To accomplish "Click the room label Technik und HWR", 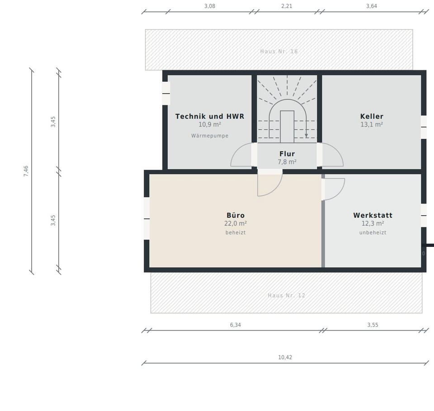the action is (x=210, y=116).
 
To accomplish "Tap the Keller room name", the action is (x=372, y=116).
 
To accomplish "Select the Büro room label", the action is (x=236, y=215).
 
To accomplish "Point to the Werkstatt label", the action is (x=373, y=215).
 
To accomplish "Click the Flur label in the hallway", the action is (x=287, y=154).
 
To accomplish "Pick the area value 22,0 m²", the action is (x=236, y=223).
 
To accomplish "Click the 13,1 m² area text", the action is (x=372, y=124).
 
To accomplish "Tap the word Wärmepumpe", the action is (x=210, y=136).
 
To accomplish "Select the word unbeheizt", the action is (x=373, y=232).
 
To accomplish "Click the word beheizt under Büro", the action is (x=236, y=232).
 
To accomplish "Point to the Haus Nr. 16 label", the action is (x=279, y=51).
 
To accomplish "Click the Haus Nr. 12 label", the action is (x=287, y=295).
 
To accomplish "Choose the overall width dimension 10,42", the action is (x=285, y=357).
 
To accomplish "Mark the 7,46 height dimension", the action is (x=26, y=171).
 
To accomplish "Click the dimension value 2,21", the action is (x=287, y=6).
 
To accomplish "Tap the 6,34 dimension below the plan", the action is (x=236, y=325).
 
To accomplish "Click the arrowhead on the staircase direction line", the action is (x=307, y=136).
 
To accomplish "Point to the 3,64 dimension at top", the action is (x=372, y=6).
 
